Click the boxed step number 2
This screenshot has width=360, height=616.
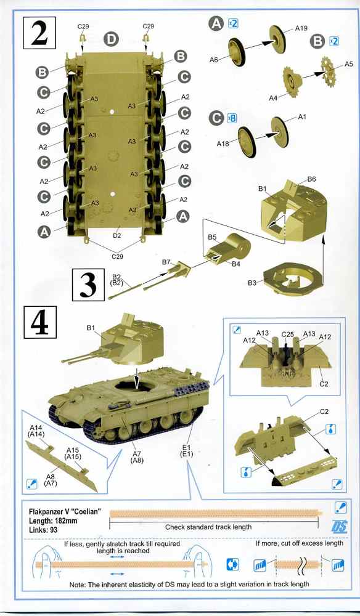click(x=40, y=33)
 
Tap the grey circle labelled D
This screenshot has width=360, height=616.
click(x=112, y=39)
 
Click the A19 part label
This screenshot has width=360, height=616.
click(x=301, y=29)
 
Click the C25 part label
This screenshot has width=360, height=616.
click(x=287, y=334)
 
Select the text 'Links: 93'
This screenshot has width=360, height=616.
click(x=43, y=530)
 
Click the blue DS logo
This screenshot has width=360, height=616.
click(x=340, y=527)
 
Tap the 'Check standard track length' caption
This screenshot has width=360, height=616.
click(x=208, y=527)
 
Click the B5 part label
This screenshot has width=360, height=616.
click(x=212, y=237)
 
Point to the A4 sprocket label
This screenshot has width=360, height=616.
click(x=273, y=97)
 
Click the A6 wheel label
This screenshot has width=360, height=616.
click(x=214, y=60)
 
